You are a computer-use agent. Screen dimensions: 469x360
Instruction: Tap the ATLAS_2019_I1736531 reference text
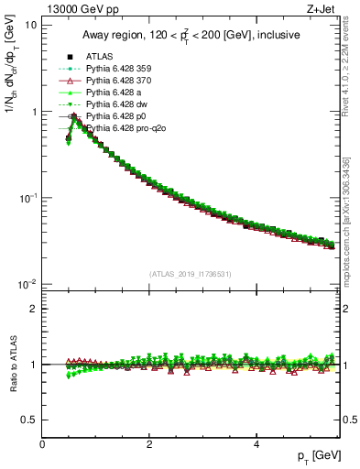pos(190,273)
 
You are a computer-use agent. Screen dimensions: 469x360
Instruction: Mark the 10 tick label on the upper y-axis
pos(29,25)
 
